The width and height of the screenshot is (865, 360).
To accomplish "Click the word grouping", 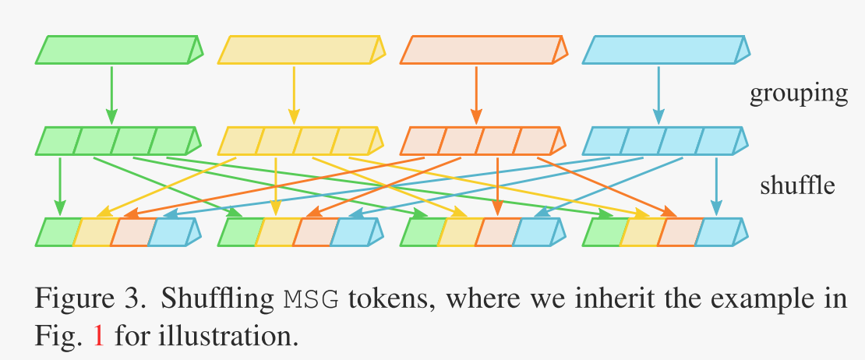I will [x=798, y=94].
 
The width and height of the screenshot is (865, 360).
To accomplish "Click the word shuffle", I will [x=798, y=185].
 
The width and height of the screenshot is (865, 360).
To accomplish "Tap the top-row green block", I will [x=117, y=49].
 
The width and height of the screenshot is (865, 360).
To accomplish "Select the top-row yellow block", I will [x=299, y=49].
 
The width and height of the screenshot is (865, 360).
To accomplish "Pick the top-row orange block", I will [x=482, y=49].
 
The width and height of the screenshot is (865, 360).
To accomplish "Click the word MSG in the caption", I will [x=311, y=298].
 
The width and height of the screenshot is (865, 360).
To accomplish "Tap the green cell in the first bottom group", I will [x=58, y=232].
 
